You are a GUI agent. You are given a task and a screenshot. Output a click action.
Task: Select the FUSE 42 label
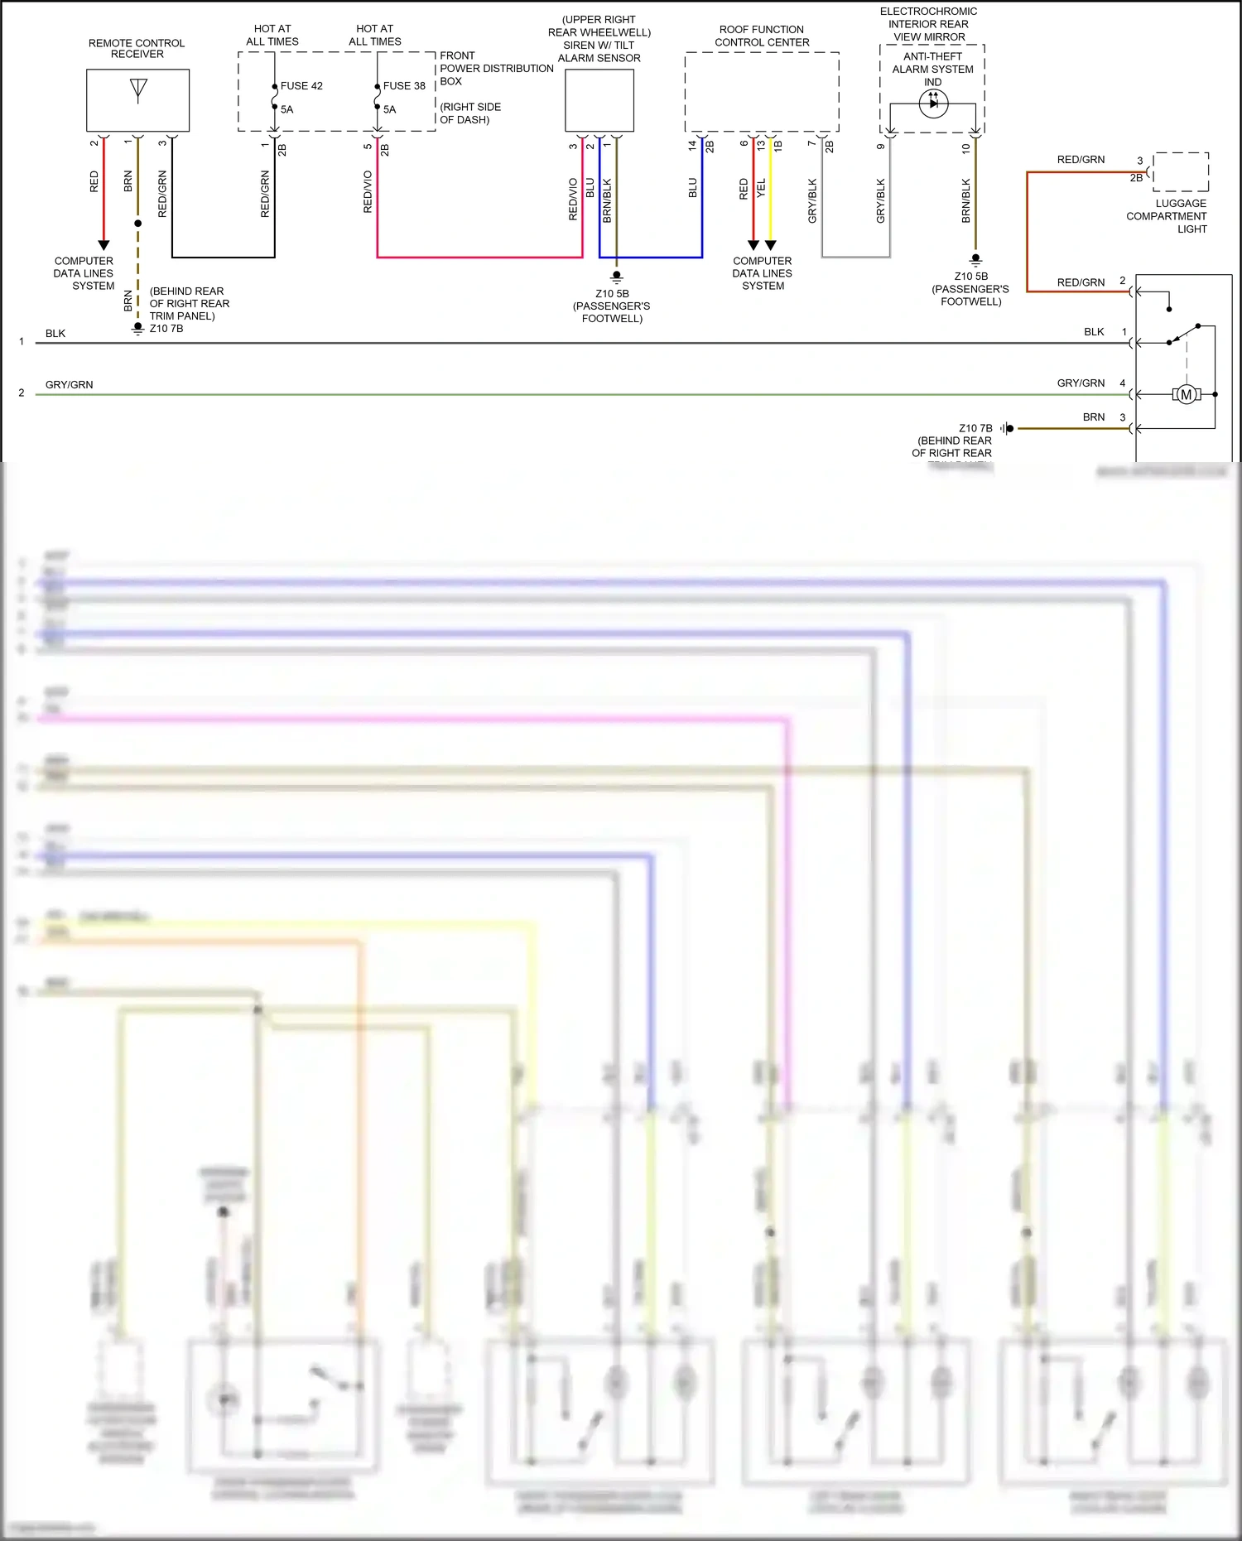(x=301, y=86)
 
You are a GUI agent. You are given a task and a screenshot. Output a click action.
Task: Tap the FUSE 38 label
(x=404, y=86)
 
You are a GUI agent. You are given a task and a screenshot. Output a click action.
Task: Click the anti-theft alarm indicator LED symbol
(x=933, y=104)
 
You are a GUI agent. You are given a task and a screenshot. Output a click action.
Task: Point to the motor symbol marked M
(x=1186, y=395)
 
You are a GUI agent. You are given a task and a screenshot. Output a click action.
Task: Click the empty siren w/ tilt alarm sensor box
(x=599, y=100)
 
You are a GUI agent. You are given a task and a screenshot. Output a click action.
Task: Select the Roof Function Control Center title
(x=762, y=36)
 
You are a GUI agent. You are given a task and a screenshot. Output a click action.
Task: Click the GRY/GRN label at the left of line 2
(x=70, y=385)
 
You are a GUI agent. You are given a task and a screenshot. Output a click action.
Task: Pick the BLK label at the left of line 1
(x=55, y=334)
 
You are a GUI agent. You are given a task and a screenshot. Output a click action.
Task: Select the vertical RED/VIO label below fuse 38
(x=368, y=192)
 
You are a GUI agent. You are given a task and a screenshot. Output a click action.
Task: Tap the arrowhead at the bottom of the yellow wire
(x=771, y=245)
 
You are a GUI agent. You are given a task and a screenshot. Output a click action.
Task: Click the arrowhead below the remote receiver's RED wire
(x=103, y=245)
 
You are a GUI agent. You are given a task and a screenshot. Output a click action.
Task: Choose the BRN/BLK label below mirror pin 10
(x=965, y=200)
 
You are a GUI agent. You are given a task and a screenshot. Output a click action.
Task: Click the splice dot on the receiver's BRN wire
(x=138, y=224)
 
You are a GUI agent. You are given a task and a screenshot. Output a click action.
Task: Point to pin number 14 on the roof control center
(x=692, y=145)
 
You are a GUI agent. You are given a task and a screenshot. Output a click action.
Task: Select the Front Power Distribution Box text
(x=495, y=69)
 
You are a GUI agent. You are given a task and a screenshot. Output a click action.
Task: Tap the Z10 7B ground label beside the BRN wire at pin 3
(x=975, y=429)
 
